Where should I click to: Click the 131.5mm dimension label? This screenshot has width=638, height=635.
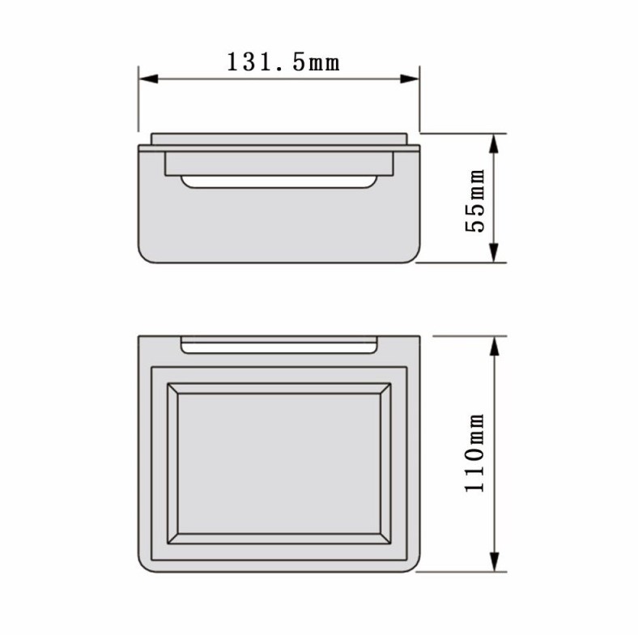point(283,62)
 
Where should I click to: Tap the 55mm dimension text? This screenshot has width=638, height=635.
point(474,201)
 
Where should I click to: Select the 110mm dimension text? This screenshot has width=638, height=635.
point(474,453)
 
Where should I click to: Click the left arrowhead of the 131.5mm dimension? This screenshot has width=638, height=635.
point(148,79)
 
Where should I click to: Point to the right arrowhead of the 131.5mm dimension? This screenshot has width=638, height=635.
point(410,79)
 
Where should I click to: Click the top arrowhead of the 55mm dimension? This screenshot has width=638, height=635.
point(494,143)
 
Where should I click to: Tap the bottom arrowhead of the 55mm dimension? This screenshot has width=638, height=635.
point(494,253)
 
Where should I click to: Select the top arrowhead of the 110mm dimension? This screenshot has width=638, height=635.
point(494,347)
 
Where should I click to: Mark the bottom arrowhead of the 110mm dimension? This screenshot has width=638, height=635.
point(494,562)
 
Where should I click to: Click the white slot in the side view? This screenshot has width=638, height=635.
point(279,182)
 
